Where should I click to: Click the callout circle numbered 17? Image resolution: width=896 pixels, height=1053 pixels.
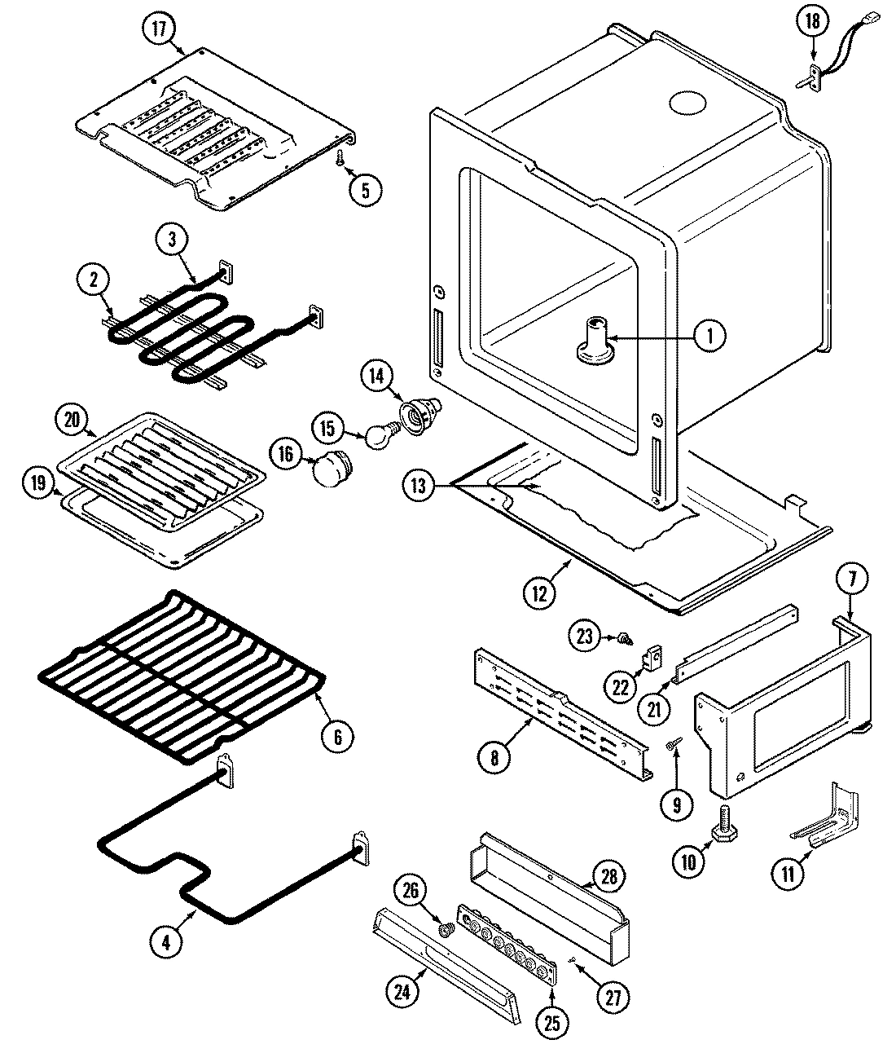(x=158, y=29)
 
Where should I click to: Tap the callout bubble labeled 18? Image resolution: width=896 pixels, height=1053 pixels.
(x=812, y=22)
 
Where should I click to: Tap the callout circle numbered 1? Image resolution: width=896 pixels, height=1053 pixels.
(x=709, y=334)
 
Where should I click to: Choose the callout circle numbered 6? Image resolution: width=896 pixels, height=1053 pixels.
(x=337, y=737)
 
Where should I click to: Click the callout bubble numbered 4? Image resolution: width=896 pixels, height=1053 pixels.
(x=166, y=942)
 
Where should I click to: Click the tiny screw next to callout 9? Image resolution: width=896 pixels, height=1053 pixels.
(x=674, y=743)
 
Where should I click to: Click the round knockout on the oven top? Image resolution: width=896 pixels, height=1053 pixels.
(x=690, y=102)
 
